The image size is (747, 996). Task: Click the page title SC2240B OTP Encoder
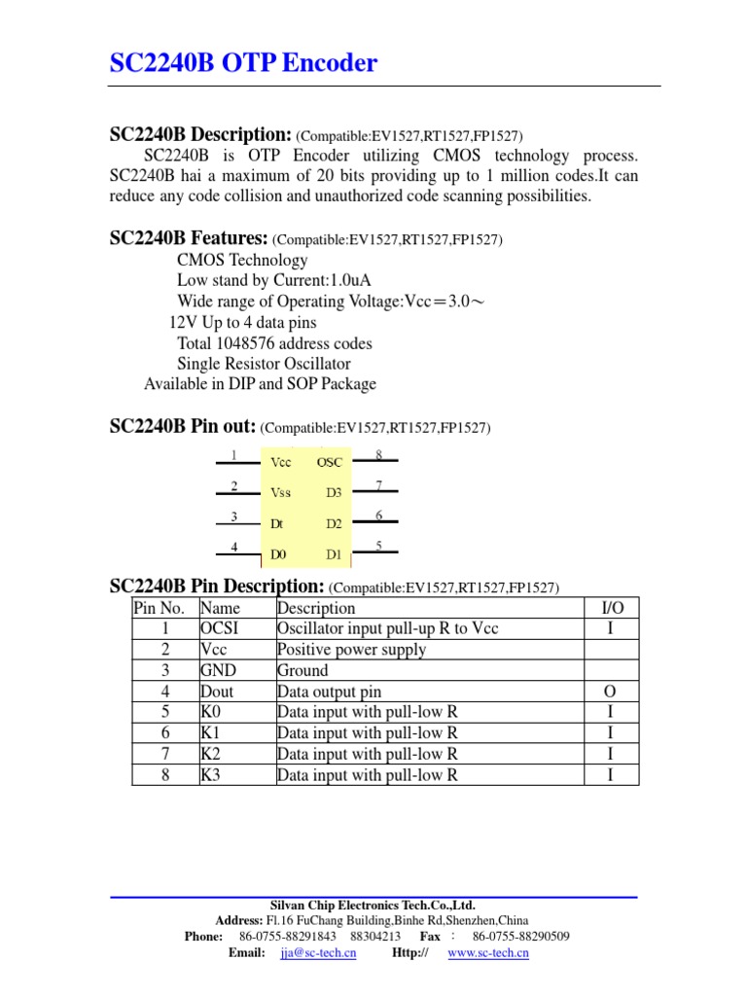click(243, 64)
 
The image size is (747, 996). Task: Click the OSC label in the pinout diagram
click(330, 462)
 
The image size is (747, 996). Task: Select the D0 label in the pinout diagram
click(279, 555)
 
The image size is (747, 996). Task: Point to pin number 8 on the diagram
click(378, 454)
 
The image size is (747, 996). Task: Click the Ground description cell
click(302, 670)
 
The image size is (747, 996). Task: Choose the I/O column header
click(613, 608)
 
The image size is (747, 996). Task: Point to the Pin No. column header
click(165, 608)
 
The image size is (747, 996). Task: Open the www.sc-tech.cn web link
click(488, 953)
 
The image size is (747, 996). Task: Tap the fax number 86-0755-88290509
click(521, 936)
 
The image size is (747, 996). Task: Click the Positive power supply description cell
click(351, 650)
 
